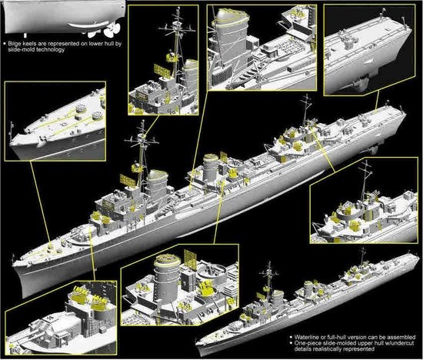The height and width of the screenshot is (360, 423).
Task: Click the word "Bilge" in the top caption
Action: click(15, 44)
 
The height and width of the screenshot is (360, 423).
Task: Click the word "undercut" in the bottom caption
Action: click(402, 343)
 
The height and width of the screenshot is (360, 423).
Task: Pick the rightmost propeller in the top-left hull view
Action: click(112, 29)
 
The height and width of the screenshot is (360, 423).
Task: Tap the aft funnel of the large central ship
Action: click(210, 168)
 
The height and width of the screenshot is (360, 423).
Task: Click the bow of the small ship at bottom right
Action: click(197, 343)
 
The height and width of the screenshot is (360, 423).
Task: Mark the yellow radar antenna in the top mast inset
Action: click(162, 70)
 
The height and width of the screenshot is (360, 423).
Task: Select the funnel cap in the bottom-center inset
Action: click(167, 260)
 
